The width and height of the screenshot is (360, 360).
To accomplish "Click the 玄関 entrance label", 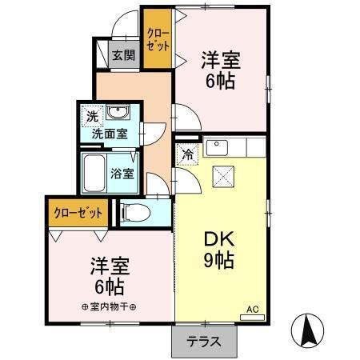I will [x=123, y=56].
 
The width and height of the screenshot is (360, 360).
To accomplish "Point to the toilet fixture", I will [x=134, y=211].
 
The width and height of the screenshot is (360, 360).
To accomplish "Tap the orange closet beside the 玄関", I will [x=158, y=38].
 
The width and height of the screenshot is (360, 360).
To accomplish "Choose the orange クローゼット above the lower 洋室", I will [x=78, y=213].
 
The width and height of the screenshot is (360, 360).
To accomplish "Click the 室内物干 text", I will [x=110, y=306].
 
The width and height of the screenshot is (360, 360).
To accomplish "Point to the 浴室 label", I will [x=122, y=172].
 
